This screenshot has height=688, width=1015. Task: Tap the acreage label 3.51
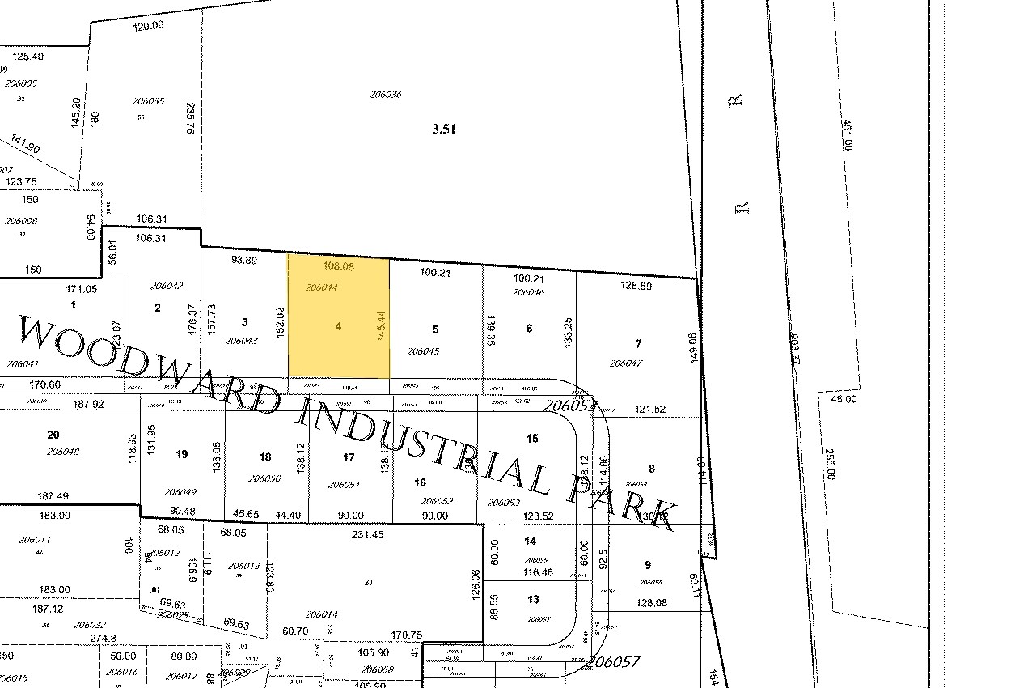443,128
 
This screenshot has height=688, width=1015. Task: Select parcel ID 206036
386,95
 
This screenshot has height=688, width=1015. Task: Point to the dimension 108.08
338,265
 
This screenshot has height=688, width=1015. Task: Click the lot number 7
638,344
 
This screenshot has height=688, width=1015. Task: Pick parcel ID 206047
625,363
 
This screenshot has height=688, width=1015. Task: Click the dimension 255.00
828,465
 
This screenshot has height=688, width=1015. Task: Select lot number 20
53,435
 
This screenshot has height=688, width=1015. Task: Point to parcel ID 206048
63,452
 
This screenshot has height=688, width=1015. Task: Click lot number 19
181,454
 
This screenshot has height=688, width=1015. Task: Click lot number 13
532,599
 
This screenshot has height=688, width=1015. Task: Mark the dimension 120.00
148,25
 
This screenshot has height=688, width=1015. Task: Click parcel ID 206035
148,101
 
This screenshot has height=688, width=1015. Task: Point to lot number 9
648,564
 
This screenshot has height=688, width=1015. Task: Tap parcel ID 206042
167,285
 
